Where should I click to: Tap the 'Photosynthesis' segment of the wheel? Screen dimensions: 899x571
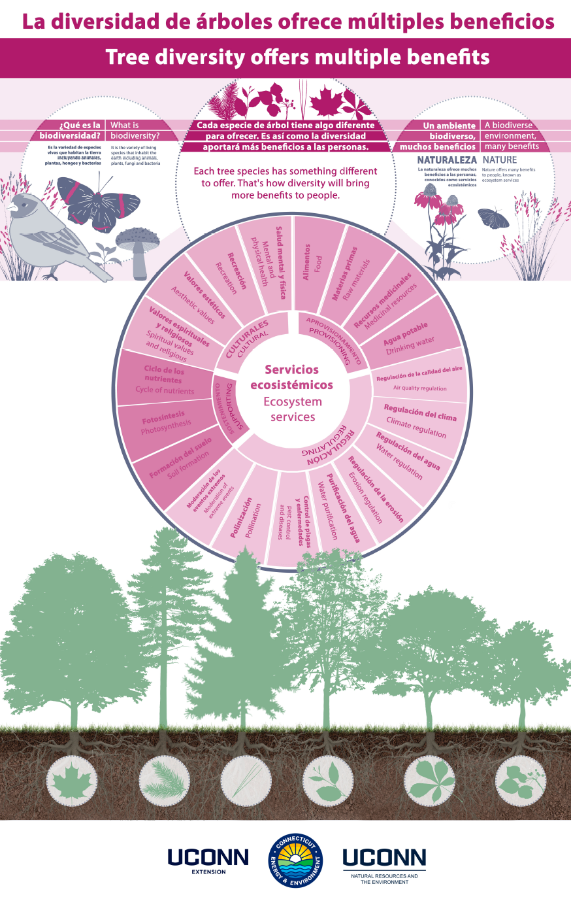[167, 422]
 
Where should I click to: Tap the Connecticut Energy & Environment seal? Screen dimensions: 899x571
[296, 861]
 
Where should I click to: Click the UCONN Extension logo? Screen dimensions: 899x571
[208, 860]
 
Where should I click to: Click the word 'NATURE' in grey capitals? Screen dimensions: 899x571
[499, 160]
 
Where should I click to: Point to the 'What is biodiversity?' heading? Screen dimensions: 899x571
[135, 130]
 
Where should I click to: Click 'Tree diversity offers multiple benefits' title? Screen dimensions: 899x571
[297, 58]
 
